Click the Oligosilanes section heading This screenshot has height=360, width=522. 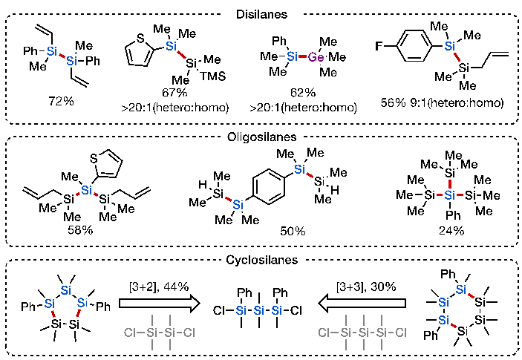(x=261, y=137)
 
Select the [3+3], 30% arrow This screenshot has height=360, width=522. (x=365, y=304)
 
